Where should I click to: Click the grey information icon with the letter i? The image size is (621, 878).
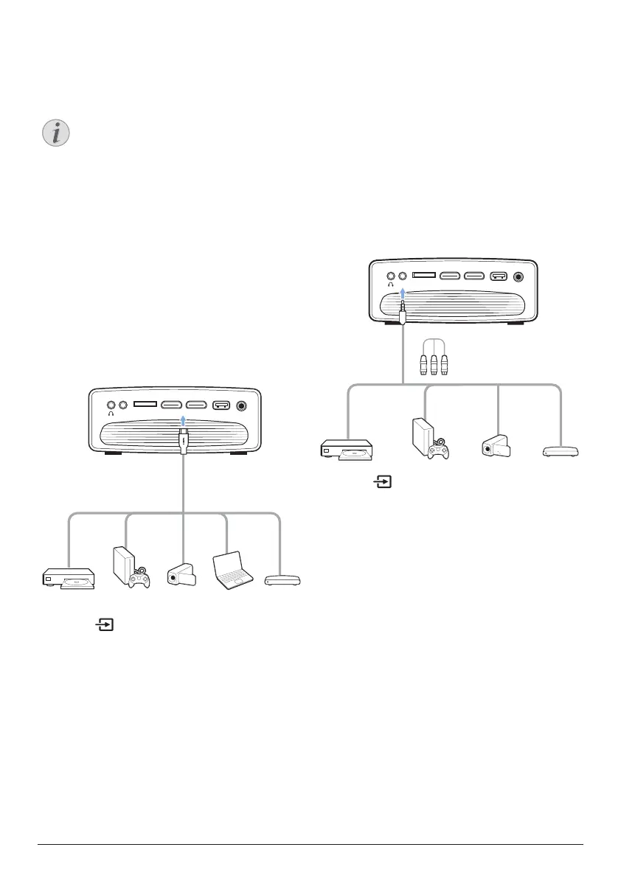click(54, 134)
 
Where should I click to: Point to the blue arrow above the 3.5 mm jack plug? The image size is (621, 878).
click(403, 295)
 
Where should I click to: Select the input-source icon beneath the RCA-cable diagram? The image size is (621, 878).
click(383, 484)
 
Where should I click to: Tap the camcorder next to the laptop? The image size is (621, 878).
click(181, 575)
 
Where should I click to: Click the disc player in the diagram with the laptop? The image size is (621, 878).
click(68, 579)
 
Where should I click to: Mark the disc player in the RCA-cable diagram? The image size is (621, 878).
click(347, 450)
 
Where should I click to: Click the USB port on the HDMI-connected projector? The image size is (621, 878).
click(221, 405)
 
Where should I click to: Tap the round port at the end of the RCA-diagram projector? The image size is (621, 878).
click(520, 277)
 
